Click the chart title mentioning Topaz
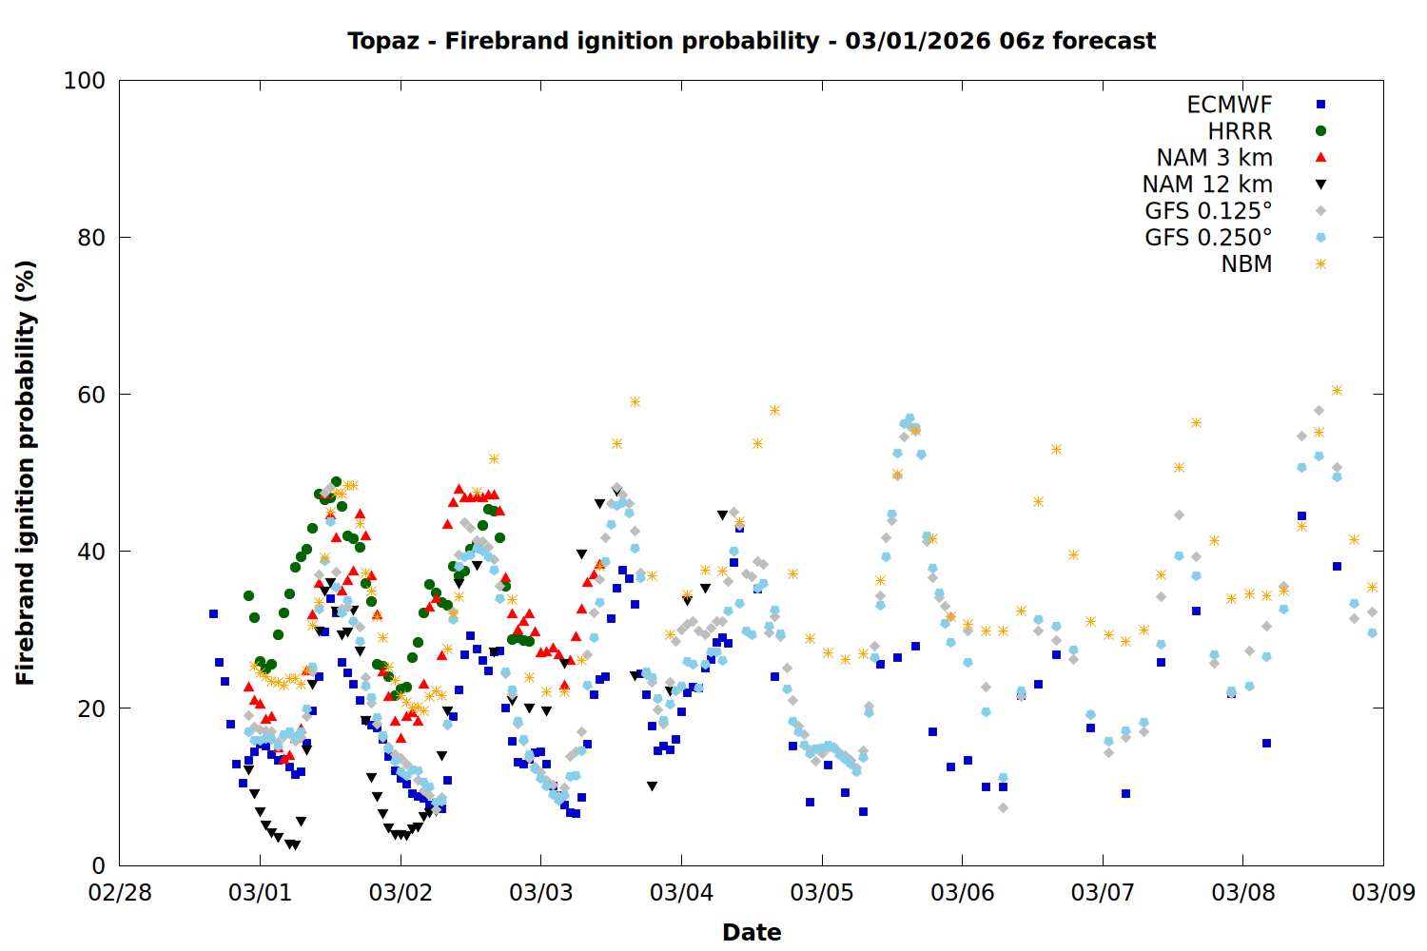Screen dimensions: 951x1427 coord(752,41)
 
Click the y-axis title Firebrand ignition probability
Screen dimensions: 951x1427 coord(26,473)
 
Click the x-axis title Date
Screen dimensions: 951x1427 coord(752,932)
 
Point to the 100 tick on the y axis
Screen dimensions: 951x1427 coord(85,81)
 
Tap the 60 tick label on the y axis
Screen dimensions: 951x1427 coord(91,395)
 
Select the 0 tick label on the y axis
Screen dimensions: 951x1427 coord(98,865)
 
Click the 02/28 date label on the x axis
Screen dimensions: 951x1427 coord(120,893)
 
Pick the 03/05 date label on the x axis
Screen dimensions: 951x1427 coord(822,893)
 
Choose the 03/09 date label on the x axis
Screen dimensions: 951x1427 coord(1383,893)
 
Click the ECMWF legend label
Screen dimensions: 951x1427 coord(1229,105)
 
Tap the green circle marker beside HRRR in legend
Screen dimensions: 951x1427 coord(1320,131)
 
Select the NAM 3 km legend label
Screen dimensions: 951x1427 coord(1214,158)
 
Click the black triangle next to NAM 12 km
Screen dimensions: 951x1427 coord(1320,184)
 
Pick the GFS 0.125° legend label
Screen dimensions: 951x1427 coord(1208,211)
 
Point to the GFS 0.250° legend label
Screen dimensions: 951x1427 coord(1208,238)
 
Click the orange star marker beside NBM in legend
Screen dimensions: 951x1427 coord(1320,264)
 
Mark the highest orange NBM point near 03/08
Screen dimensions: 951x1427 coord(1337,390)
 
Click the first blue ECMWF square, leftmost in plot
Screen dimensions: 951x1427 coord(213,613)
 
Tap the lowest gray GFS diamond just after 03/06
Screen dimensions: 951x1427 coord(1003,807)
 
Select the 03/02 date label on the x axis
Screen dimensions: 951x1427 coord(401,893)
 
